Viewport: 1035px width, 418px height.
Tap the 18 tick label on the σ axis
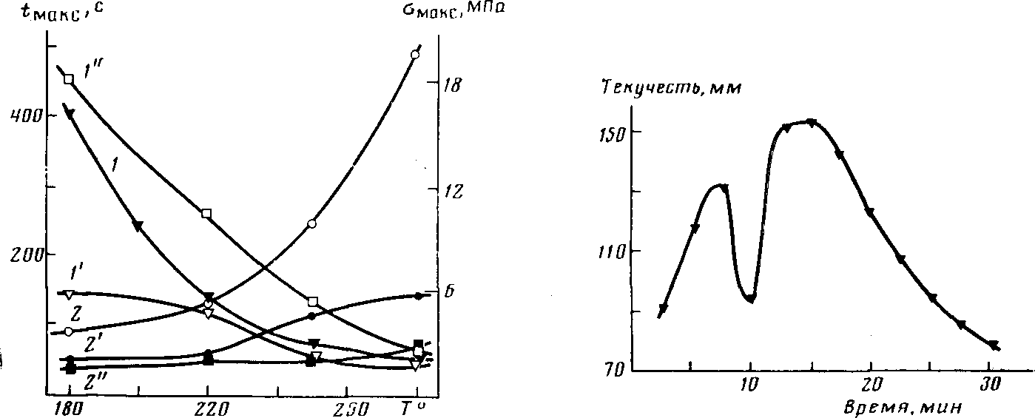[452, 85]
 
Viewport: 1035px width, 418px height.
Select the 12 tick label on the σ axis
[452, 191]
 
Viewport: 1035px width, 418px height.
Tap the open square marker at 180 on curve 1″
[69, 79]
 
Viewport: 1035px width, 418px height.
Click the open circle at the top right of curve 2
[415, 55]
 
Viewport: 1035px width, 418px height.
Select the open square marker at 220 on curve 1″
[206, 214]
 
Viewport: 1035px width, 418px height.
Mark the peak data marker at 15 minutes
[811, 123]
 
